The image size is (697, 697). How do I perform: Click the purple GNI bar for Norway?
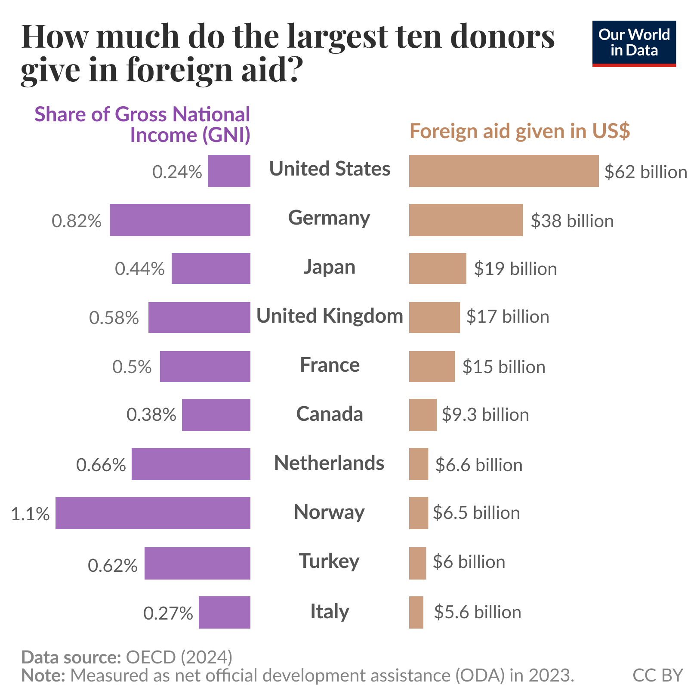click(x=153, y=513)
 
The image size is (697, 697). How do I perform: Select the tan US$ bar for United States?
click(x=503, y=171)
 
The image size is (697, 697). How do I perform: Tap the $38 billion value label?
click(x=572, y=221)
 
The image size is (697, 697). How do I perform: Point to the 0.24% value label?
click(x=177, y=172)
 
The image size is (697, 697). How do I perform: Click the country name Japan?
click(x=330, y=267)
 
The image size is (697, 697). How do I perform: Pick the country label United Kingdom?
click(x=330, y=316)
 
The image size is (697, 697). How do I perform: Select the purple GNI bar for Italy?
click(x=224, y=612)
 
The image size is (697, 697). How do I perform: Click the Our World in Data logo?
click(x=634, y=43)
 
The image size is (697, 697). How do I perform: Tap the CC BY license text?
click(x=657, y=675)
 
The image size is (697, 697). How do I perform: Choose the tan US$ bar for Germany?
click(x=466, y=220)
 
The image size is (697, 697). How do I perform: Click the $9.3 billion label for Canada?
click(x=485, y=415)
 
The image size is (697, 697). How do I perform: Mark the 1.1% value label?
click(x=30, y=514)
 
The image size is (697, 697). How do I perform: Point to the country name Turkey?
click(x=329, y=561)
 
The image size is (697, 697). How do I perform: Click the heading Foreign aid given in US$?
click(x=519, y=131)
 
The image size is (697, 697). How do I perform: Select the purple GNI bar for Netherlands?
click(x=191, y=464)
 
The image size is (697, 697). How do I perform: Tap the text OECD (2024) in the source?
click(x=179, y=657)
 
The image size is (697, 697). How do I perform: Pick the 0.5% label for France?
click(x=132, y=367)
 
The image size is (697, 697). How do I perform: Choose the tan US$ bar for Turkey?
click(x=417, y=563)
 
